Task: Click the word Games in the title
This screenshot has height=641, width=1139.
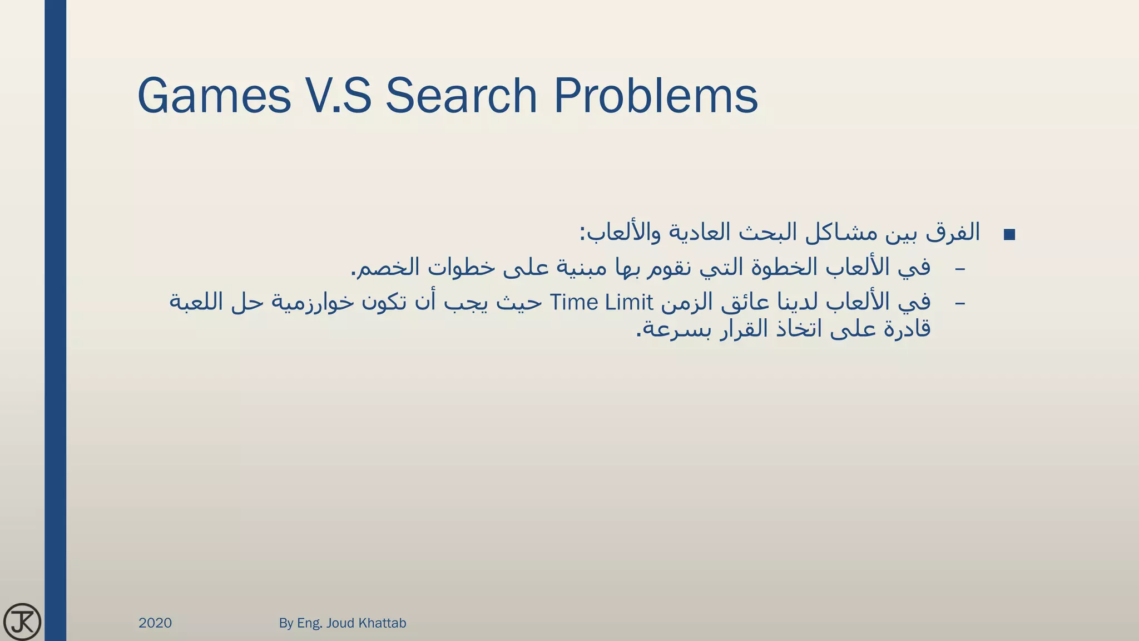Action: click(x=214, y=96)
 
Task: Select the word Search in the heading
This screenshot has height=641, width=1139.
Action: click(x=461, y=96)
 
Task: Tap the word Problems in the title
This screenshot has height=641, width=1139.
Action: click(x=656, y=96)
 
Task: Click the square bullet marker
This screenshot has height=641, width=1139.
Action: click(x=1009, y=235)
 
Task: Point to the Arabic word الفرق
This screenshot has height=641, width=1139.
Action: click(x=953, y=233)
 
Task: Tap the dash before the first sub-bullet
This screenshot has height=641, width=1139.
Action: click(x=960, y=269)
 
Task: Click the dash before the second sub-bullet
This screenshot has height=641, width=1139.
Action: click(x=960, y=304)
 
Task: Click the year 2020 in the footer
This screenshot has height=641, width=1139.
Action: click(x=155, y=623)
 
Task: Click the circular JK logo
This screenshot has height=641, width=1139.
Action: click(x=22, y=622)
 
